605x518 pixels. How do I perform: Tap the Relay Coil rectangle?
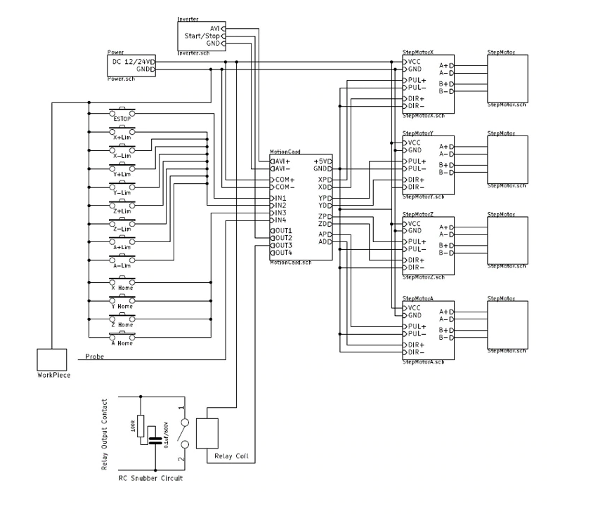209,434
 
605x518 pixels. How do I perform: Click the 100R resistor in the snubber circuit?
141,425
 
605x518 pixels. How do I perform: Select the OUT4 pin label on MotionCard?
283,253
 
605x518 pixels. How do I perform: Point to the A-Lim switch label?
122,266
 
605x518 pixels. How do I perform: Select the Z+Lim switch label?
122,211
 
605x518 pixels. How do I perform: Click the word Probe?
94,357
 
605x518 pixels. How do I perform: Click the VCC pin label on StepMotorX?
414,62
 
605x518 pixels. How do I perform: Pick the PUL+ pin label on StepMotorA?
417,327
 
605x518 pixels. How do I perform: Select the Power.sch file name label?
121,79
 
